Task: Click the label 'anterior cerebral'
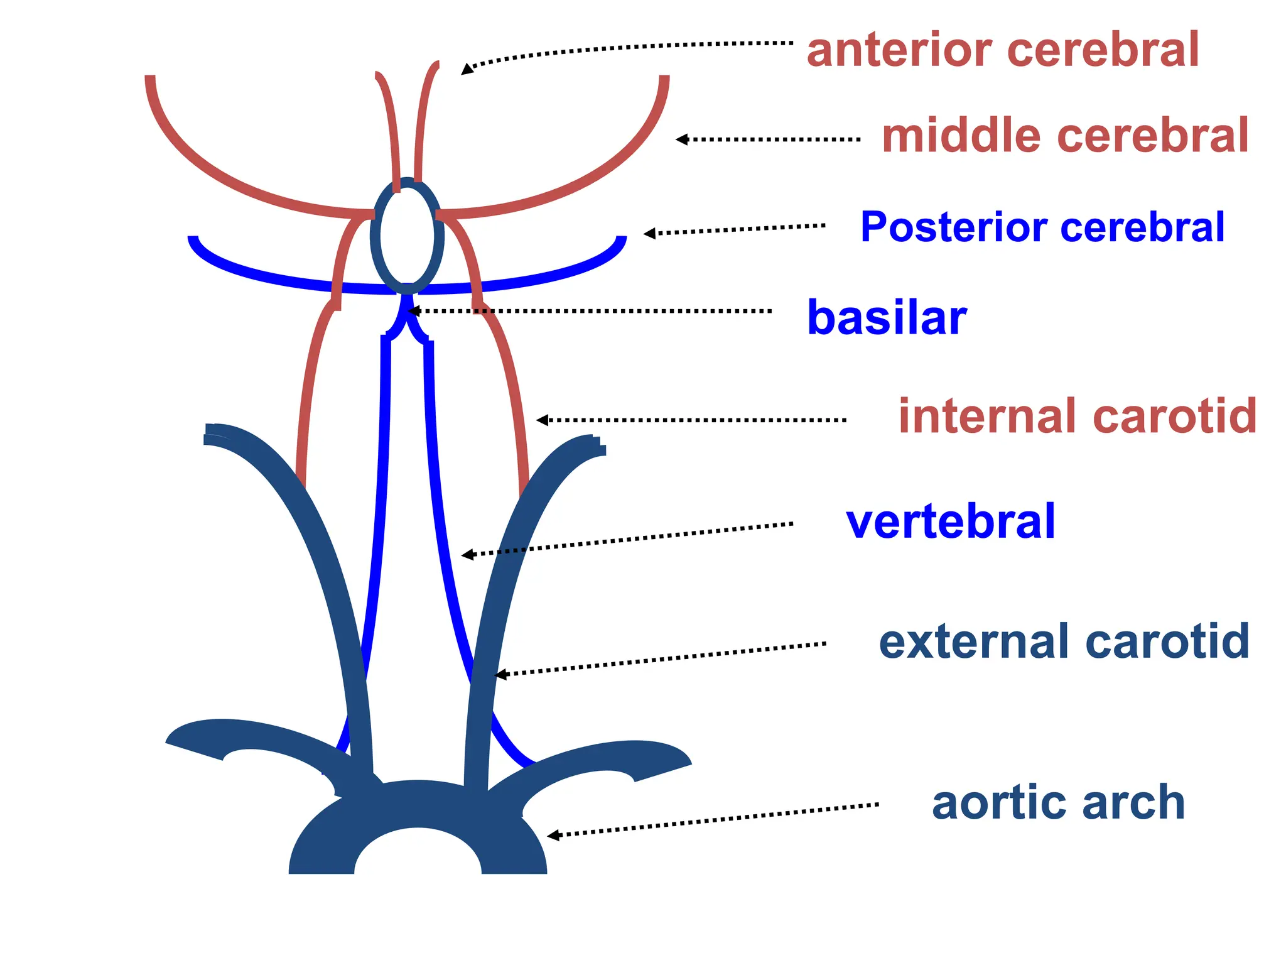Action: pos(1003,50)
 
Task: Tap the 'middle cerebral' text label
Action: pos(1065,136)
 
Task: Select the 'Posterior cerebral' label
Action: pos(1042,227)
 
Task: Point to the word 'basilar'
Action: pos(887,318)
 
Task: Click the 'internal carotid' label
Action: pos(1078,416)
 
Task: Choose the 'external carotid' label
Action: pos(1064,641)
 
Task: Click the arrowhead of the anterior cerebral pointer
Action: pos(467,69)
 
